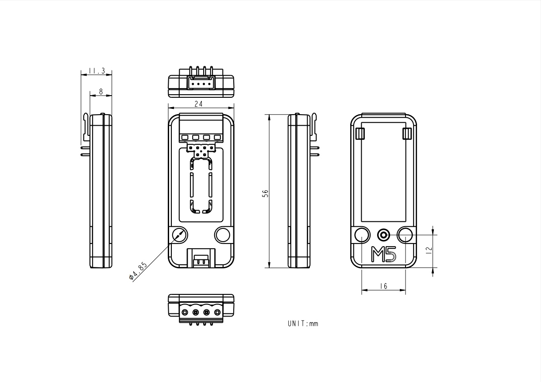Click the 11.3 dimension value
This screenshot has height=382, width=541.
[x=97, y=71]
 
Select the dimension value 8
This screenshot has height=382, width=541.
[x=101, y=92]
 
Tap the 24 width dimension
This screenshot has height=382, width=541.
[x=198, y=104]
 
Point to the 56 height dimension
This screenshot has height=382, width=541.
[x=265, y=193]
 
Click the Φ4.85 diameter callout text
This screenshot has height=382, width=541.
[x=138, y=271]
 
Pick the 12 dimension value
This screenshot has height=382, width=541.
[x=429, y=250]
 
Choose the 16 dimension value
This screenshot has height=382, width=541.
[x=383, y=286]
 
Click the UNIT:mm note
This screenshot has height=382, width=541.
[x=303, y=324]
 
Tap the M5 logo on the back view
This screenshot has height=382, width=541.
[x=383, y=254]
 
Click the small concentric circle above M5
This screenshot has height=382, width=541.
[x=383, y=235]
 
